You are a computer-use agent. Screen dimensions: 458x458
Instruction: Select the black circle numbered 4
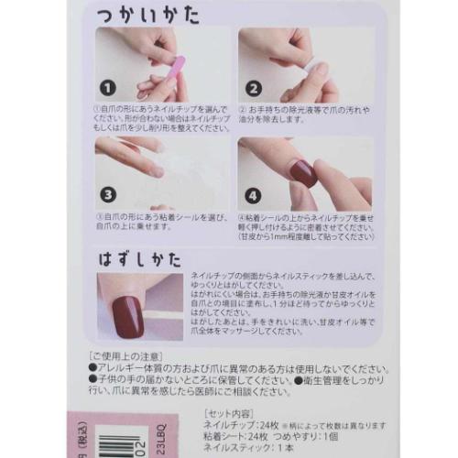(253, 194)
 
